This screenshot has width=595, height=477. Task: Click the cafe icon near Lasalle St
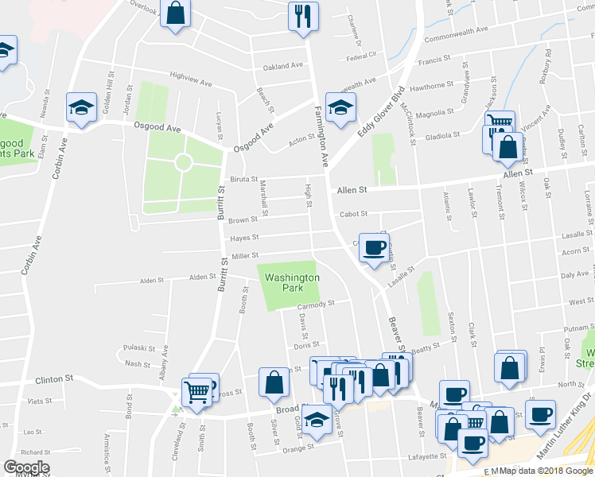coord(373,247)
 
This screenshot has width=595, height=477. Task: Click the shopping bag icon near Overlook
coord(176,14)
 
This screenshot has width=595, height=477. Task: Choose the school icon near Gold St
coord(317,419)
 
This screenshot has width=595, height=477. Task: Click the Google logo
coord(25,467)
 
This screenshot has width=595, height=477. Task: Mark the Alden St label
coord(202,277)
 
